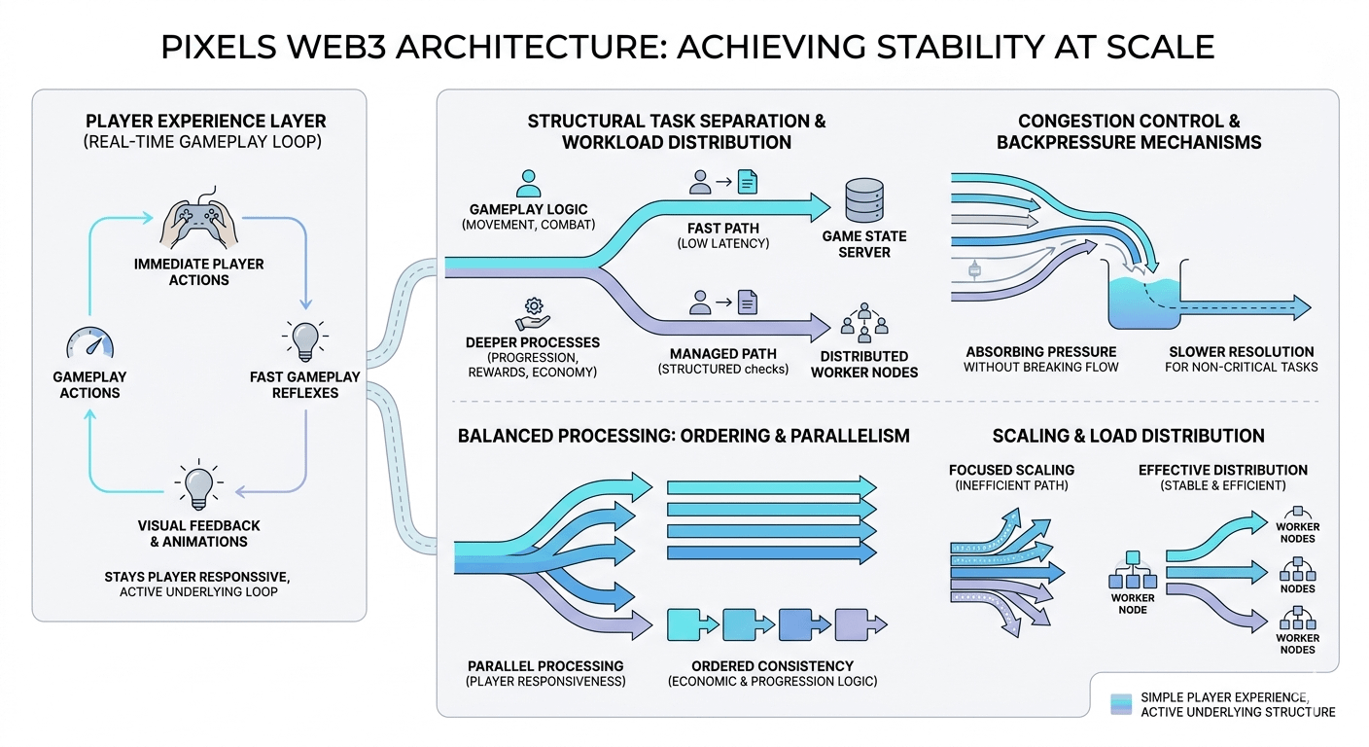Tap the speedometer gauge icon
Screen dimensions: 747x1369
pos(89,343)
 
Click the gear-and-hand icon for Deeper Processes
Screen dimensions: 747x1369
pos(532,312)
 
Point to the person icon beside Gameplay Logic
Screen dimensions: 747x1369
pos(529,183)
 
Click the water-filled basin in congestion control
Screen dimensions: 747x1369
pos(1142,297)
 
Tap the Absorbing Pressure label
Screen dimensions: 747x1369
pos(1040,351)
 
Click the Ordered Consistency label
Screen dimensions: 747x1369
pos(771,665)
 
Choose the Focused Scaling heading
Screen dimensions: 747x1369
pos(1011,470)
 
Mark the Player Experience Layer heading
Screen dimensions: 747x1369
pos(205,122)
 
